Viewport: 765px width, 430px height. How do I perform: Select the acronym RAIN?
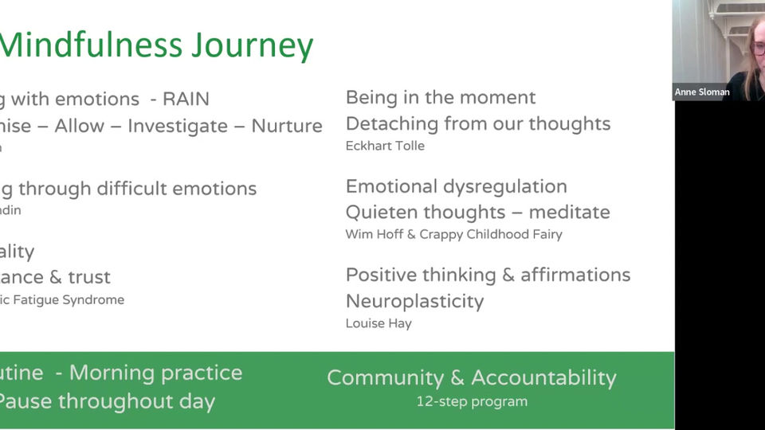[186, 100]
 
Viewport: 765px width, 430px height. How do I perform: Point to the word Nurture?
[287, 127]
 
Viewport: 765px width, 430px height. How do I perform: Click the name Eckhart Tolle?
[385, 146]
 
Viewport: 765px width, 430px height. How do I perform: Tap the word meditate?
[570, 213]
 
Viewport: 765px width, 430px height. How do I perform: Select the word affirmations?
[575, 276]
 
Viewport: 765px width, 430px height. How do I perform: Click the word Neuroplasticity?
[414, 301]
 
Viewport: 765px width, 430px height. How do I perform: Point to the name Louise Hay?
[378, 323]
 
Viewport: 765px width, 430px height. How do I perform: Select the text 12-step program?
[472, 401]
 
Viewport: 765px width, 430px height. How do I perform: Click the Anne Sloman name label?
[702, 92]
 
